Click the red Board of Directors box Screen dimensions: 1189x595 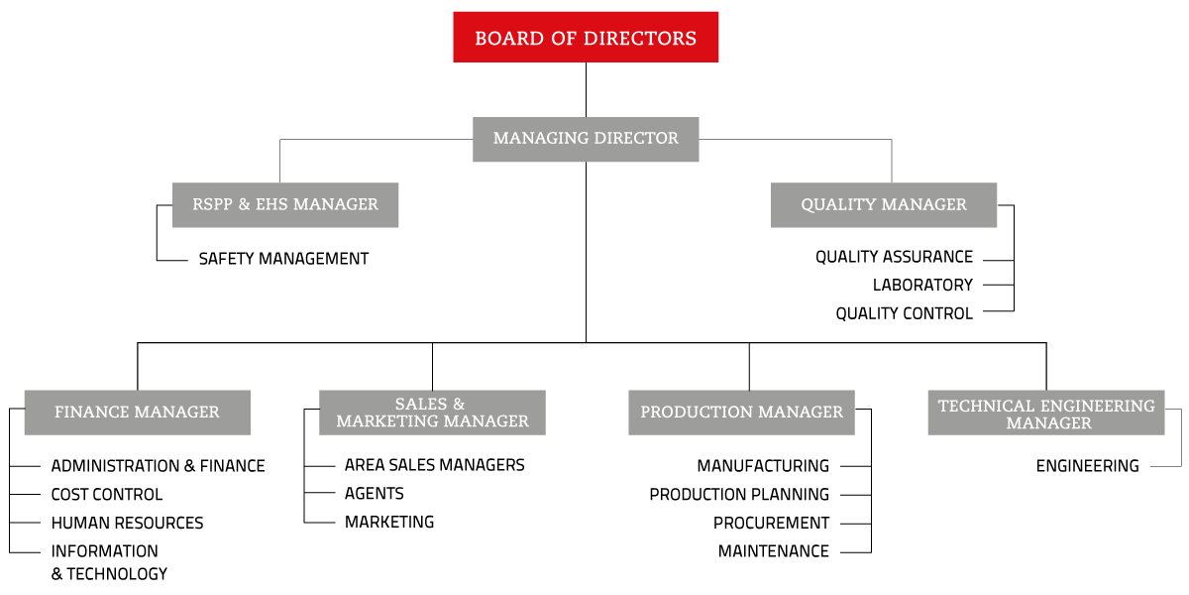pyautogui.click(x=586, y=38)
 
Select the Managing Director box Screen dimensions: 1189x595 pyautogui.click(x=586, y=139)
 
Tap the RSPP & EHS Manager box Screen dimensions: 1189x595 pyautogui.click(x=285, y=205)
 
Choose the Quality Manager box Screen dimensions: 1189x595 pyautogui.click(x=883, y=205)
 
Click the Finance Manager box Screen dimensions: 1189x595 pyautogui.click(x=138, y=413)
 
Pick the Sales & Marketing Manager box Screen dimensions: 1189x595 pyautogui.click(x=432, y=413)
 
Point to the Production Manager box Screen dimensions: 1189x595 pyautogui.click(x=741, y=413)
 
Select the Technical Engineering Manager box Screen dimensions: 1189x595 pyautogui.click(x=1046, y=413)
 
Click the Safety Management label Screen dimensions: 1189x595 pyautogui.click(x=283, y=259)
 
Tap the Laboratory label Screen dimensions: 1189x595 pyautogui.click(x=922, y=286)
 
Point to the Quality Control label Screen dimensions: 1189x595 pyautogui.click(x=904, y=313)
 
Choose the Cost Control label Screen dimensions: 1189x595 pyautogui.click(x=107, y=495)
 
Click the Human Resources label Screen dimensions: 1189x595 pyautogui.click(x=127, y=523)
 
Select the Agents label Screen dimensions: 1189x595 pyautogui.click(x=375, y=494)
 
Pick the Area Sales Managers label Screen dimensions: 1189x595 pyautogui.click(x=435, y=465)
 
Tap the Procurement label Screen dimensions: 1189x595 pyautogui.click(x=771, y=523)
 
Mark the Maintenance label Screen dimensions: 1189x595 pyautogui.click(x=774, y=551)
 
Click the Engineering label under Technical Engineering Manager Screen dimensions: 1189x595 pyautogui.click(x=1087, y=466)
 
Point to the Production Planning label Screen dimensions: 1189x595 pyautogui.click(x=739, y=495)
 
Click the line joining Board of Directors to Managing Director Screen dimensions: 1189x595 pyautogui.click(x=586, y=90)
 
